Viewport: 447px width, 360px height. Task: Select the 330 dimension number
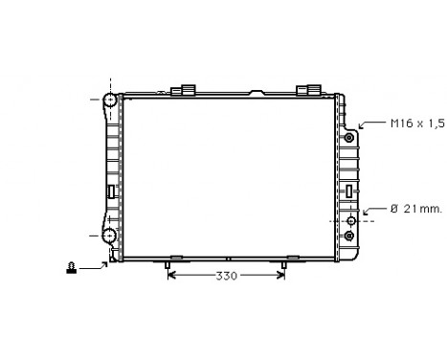(227, 276)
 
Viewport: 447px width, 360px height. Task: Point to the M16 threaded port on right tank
(349, 138)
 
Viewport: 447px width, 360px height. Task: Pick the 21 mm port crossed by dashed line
(350, 219)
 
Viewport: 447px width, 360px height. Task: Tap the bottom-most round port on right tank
(350, 235)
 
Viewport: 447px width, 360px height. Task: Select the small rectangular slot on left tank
(111, 191)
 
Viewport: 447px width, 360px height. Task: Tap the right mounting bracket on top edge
(308, 91)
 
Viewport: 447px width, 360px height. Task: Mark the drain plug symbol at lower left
(71, 268)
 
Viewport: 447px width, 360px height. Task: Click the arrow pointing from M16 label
(369, 125)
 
